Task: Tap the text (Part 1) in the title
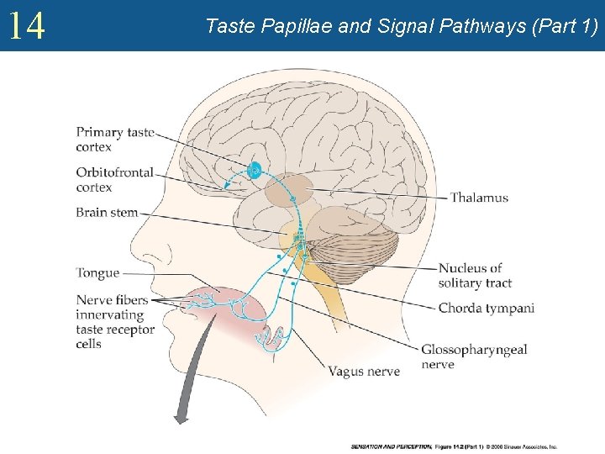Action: [566, 27]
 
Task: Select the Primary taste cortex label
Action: [115, 140]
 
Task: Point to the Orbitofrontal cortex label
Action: [114, 180]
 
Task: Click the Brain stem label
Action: [106, 213]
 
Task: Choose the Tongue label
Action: [97, 273]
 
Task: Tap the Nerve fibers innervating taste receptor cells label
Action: [114, 322]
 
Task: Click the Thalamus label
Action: [479, 198]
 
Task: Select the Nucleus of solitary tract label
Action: [475, 276]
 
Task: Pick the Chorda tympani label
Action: [486, 308]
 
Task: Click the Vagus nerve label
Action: [363, 371]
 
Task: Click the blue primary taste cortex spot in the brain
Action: [255, 170]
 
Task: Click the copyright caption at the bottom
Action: [454, 446]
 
